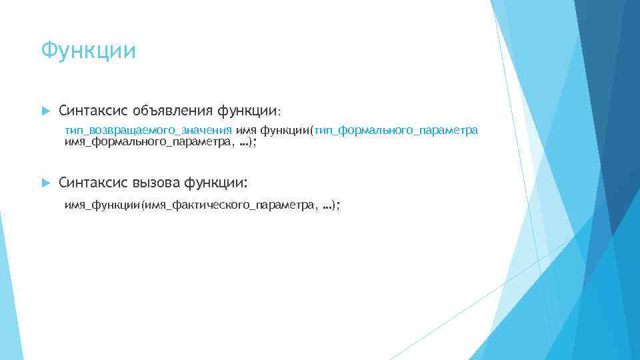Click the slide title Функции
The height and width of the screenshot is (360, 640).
88,51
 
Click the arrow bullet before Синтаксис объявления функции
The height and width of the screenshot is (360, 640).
44,109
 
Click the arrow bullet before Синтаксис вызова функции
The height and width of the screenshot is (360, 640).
44,182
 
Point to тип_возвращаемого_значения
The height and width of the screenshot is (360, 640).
148,130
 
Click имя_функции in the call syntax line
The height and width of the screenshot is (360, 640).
101,207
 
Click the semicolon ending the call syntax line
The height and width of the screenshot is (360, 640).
337,207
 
